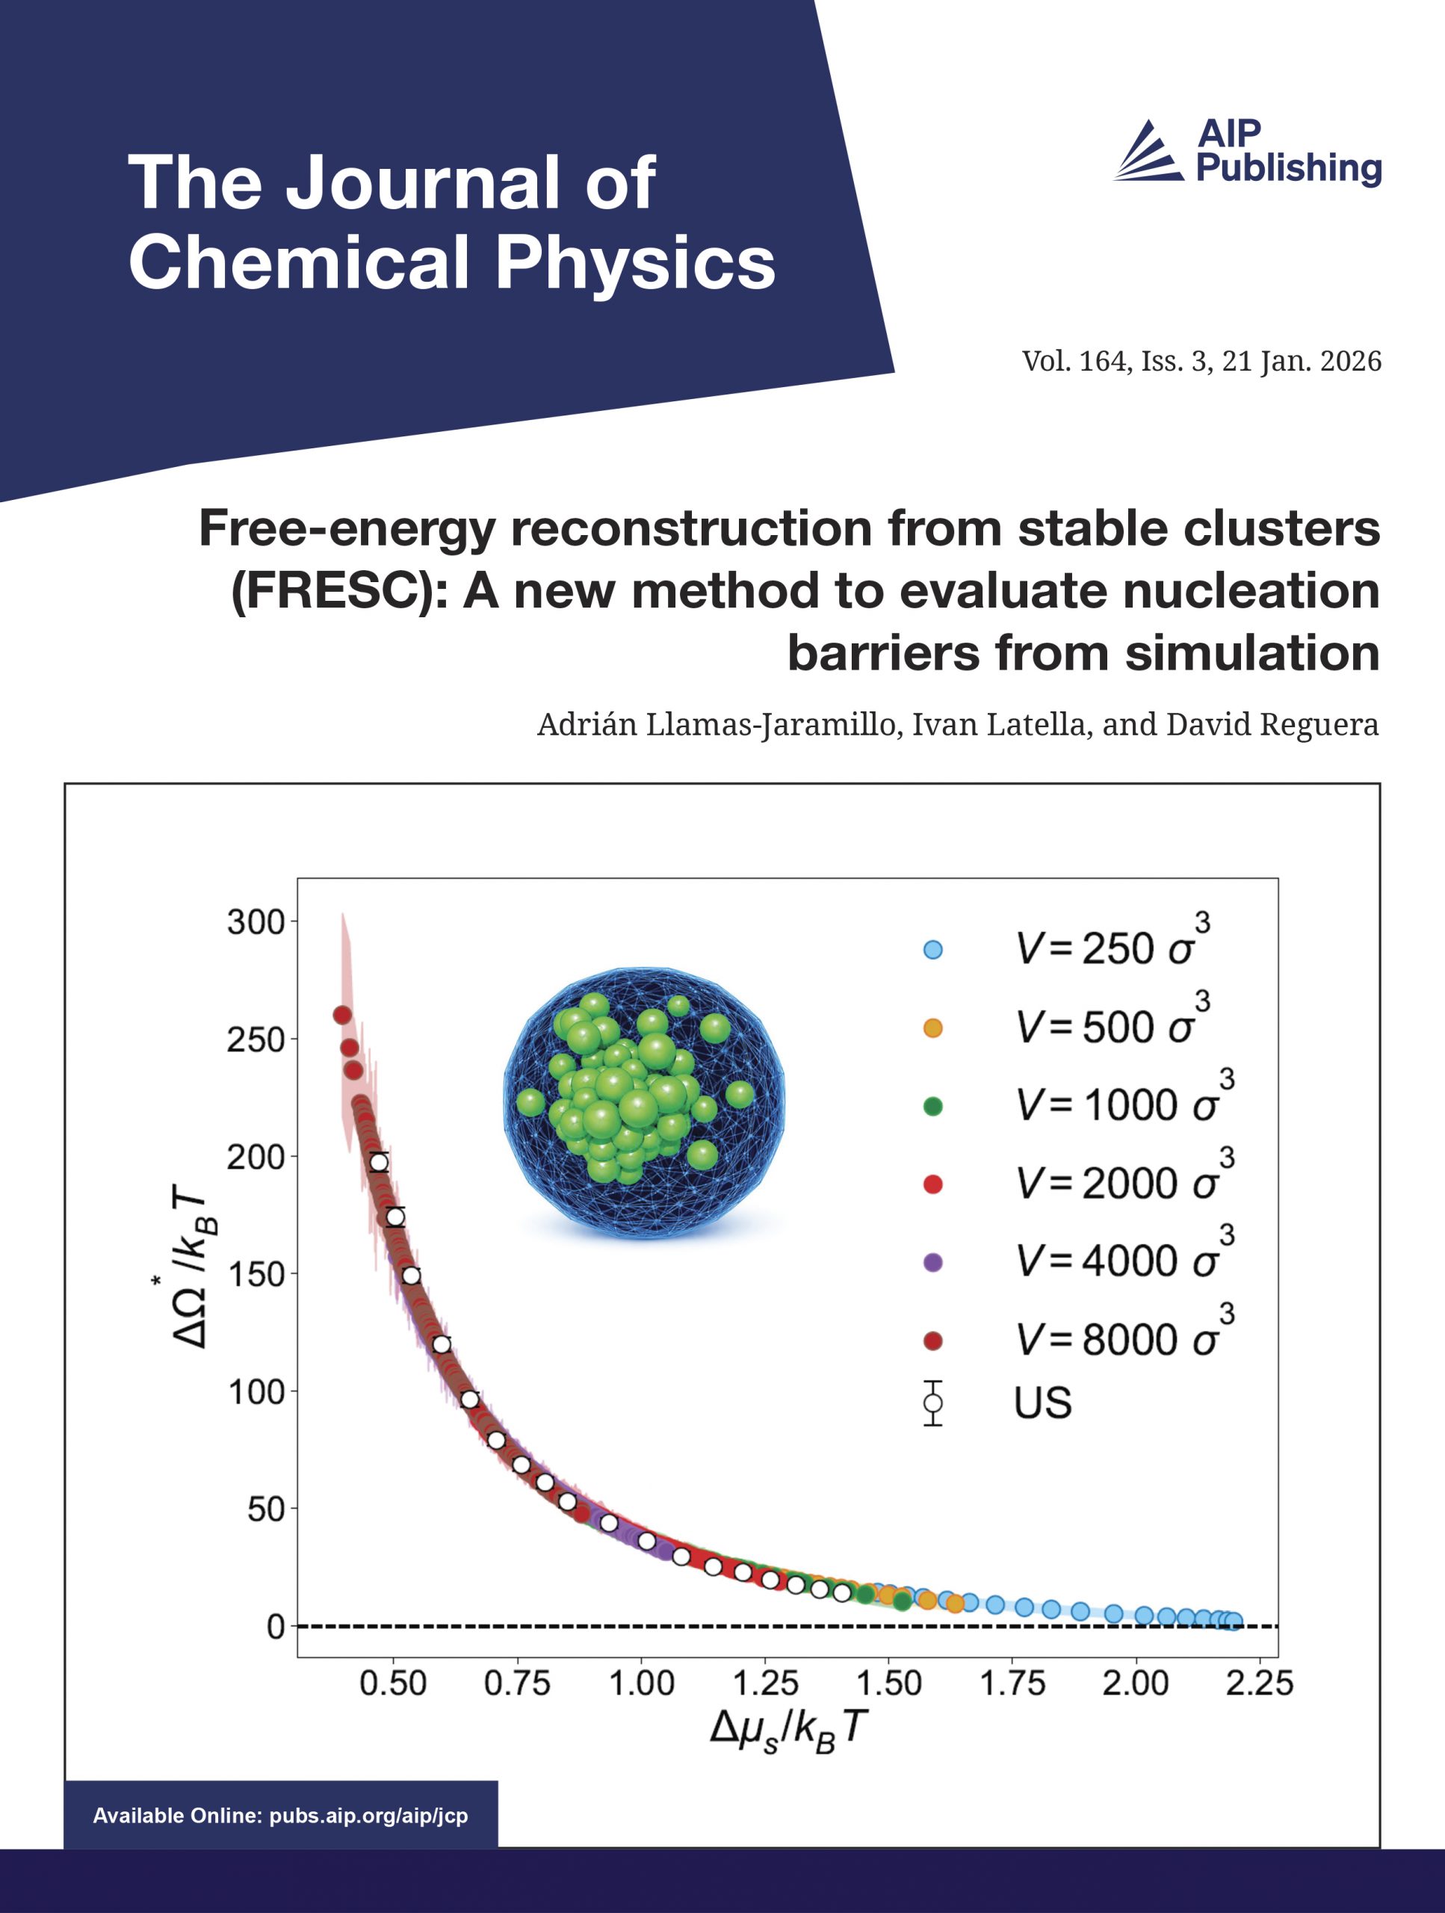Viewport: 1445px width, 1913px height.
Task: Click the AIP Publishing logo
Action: pyautogui.click(x=1247, y=152)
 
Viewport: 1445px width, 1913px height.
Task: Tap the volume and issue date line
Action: pyautogui.click(x=1201, y=361)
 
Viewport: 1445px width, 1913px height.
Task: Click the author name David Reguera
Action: pyautogui.click(x=1272, y=724)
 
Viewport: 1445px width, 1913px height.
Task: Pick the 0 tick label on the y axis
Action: pyautogui.click(x=275, y=1627)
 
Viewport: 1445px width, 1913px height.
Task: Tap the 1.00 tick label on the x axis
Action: pyautogui.click(x=641, y=1683)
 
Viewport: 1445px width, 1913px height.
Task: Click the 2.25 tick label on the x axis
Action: pyautogui.click(x=1259, y=1683)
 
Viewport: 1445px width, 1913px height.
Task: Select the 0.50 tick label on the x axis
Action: pyautogui.click(x=394, y=1683)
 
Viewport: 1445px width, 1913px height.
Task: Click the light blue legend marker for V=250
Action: pyautogui.click(x=932, y=950)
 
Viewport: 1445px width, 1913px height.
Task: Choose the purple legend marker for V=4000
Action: pyautogui.click(x=932, y=1263)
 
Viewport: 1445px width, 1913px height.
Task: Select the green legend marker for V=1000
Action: pyautogui.click(x=932, y=1106)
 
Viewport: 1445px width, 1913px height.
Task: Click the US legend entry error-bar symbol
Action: pyautogui.click(x=932, y=1403)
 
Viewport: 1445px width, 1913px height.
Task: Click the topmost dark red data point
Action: pyautogui.click(x=341, y=1015)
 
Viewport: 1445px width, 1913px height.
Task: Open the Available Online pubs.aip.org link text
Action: pyautogui.click(x=280, y=1815)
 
